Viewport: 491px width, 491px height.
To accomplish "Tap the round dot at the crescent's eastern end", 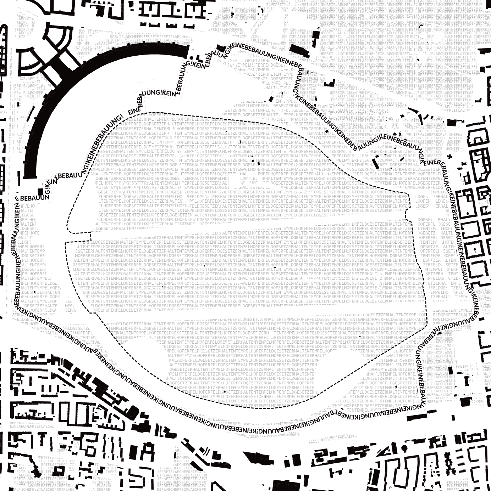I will (192, 58).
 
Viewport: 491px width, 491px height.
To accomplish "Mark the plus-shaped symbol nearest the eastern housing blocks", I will (450, 156).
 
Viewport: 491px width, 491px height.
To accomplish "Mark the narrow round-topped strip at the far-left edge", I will (4, 50).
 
